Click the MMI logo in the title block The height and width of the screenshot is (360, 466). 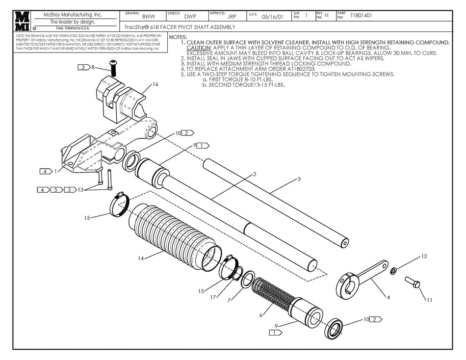click(x=23, y=21)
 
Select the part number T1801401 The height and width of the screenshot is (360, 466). click(x=361, y=16)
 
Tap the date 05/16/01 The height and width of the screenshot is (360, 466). click(x=272, y=16)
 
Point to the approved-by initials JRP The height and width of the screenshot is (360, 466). click(x=232, y=16)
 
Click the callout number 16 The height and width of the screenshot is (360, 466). click(x=155, y=84)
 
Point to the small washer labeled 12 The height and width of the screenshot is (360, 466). click(x=393, y=271)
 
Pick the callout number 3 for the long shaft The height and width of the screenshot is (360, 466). click(x=299, y=180)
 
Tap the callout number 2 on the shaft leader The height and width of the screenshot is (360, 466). click(x=255, y=174)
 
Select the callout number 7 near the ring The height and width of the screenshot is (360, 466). click(x=229, y=300)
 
